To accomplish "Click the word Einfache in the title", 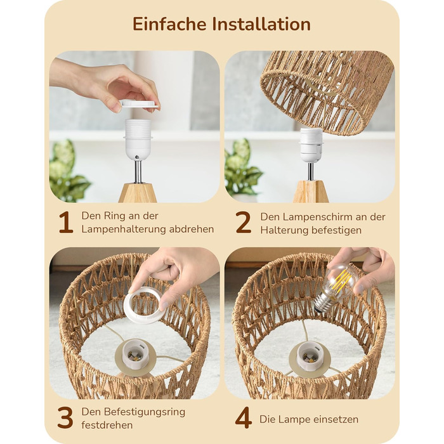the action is pyautogui.click(x=169, y=24).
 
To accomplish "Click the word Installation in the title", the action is pyautogui.click(x=261, y=24).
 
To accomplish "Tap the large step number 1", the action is pyautogui.click(x=66, y=223).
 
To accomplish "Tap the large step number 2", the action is pyautogui.click(x=243, y=223).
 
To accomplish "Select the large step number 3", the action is pyautogui.click(x=65, y=417).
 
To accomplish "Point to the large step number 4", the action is pyautogui.click(x=244, y=417).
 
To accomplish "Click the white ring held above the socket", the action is pyautogui.click(x=140, y=103).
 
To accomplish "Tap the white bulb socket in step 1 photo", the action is pyautogui.click(x=138, y=140).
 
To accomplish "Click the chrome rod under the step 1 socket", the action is pyautogui.click(x=138, y=172).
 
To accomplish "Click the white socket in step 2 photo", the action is pyautogui.click(x=311, y=145).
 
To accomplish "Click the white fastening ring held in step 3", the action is pyautogui.click(x=143, y=305).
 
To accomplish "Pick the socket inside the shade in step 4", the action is pyautogui.click(x=310, y=355).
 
